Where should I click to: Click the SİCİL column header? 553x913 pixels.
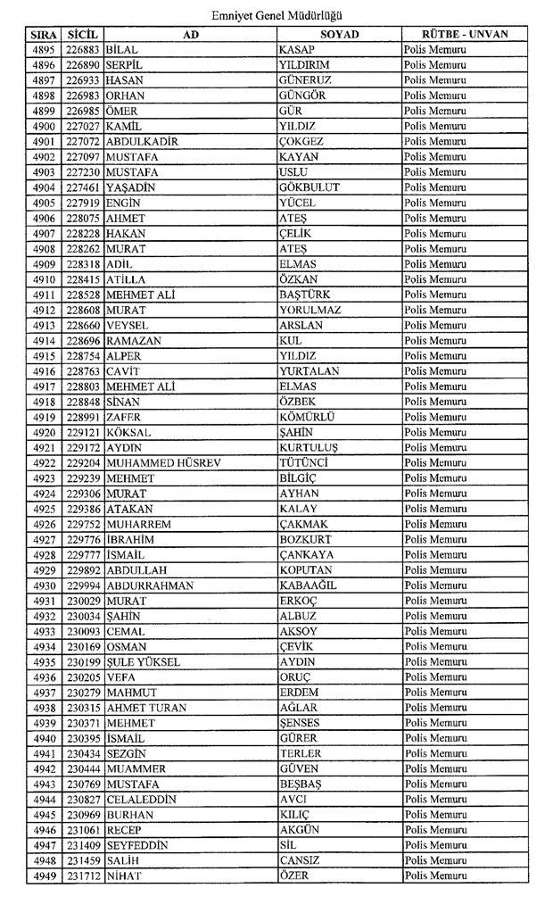point(80,34)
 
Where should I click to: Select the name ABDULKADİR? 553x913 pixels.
point(142,141)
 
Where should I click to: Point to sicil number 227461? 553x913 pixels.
point(82,187)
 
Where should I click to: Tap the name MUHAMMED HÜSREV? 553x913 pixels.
point(162,462)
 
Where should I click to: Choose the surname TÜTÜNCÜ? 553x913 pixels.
point(304,462)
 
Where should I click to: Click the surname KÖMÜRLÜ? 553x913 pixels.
point(306,417)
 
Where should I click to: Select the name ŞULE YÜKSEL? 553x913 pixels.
point(143,661)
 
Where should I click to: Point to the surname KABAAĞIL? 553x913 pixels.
point(308,585)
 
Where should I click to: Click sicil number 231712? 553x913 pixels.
point(82,876)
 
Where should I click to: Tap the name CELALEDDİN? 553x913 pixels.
point(141,799)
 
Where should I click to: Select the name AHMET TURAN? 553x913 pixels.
point(146,708)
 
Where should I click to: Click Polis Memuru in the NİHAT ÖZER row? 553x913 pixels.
point(435,876)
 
